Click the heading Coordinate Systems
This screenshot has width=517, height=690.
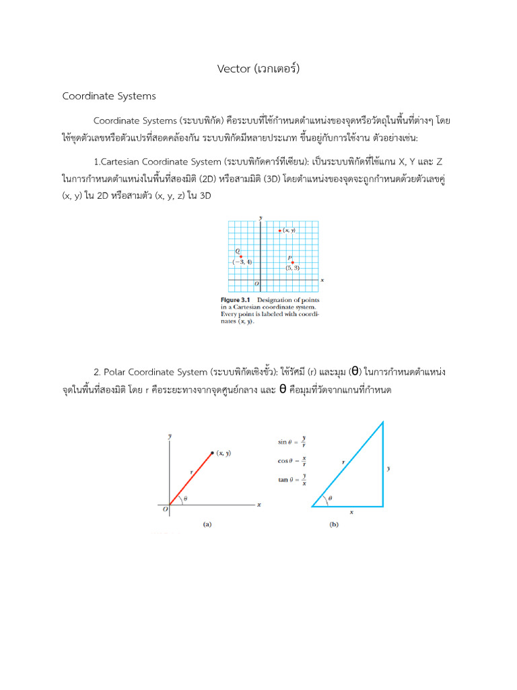point(109,96)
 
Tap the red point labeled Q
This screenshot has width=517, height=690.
point(241,257)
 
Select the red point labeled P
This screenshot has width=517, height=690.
point(293,262)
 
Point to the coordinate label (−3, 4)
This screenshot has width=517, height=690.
point(242,262)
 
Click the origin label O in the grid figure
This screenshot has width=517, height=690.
point(256,284)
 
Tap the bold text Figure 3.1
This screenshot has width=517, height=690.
point(236,299)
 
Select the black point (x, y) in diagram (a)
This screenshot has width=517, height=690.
point(213,453)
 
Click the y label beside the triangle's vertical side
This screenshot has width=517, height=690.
point(390,466)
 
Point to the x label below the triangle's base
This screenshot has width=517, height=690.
point(351,512)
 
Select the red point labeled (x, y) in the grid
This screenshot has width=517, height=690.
point(279,231)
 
